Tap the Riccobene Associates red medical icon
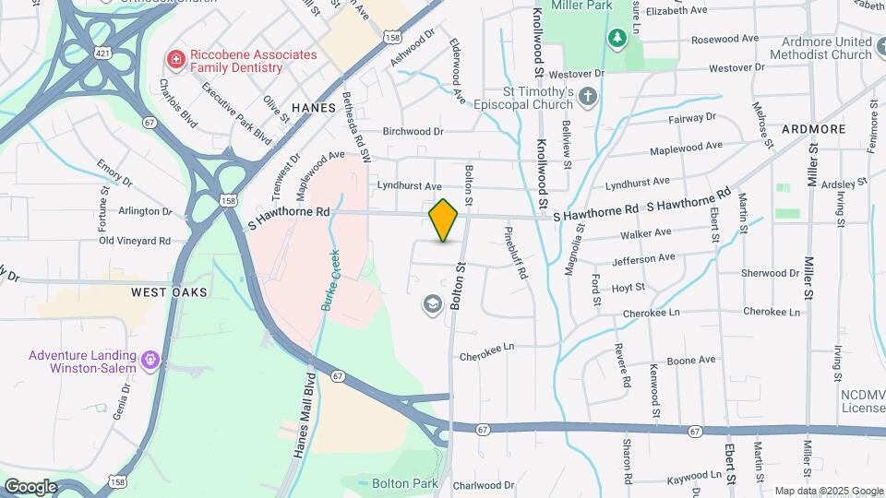tap(174, 60)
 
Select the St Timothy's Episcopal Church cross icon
tap(588, 96)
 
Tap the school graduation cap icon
tap(432, 304)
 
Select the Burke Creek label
tap(328, 280)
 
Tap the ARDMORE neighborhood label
tap(813, 129)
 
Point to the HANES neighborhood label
tap(313, 108)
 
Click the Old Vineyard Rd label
tap(135, 241)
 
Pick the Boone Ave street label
tap(691, 360)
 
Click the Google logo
tap(30, 486)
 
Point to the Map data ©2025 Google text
tap(829, 491)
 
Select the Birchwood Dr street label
tap(413, 132)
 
